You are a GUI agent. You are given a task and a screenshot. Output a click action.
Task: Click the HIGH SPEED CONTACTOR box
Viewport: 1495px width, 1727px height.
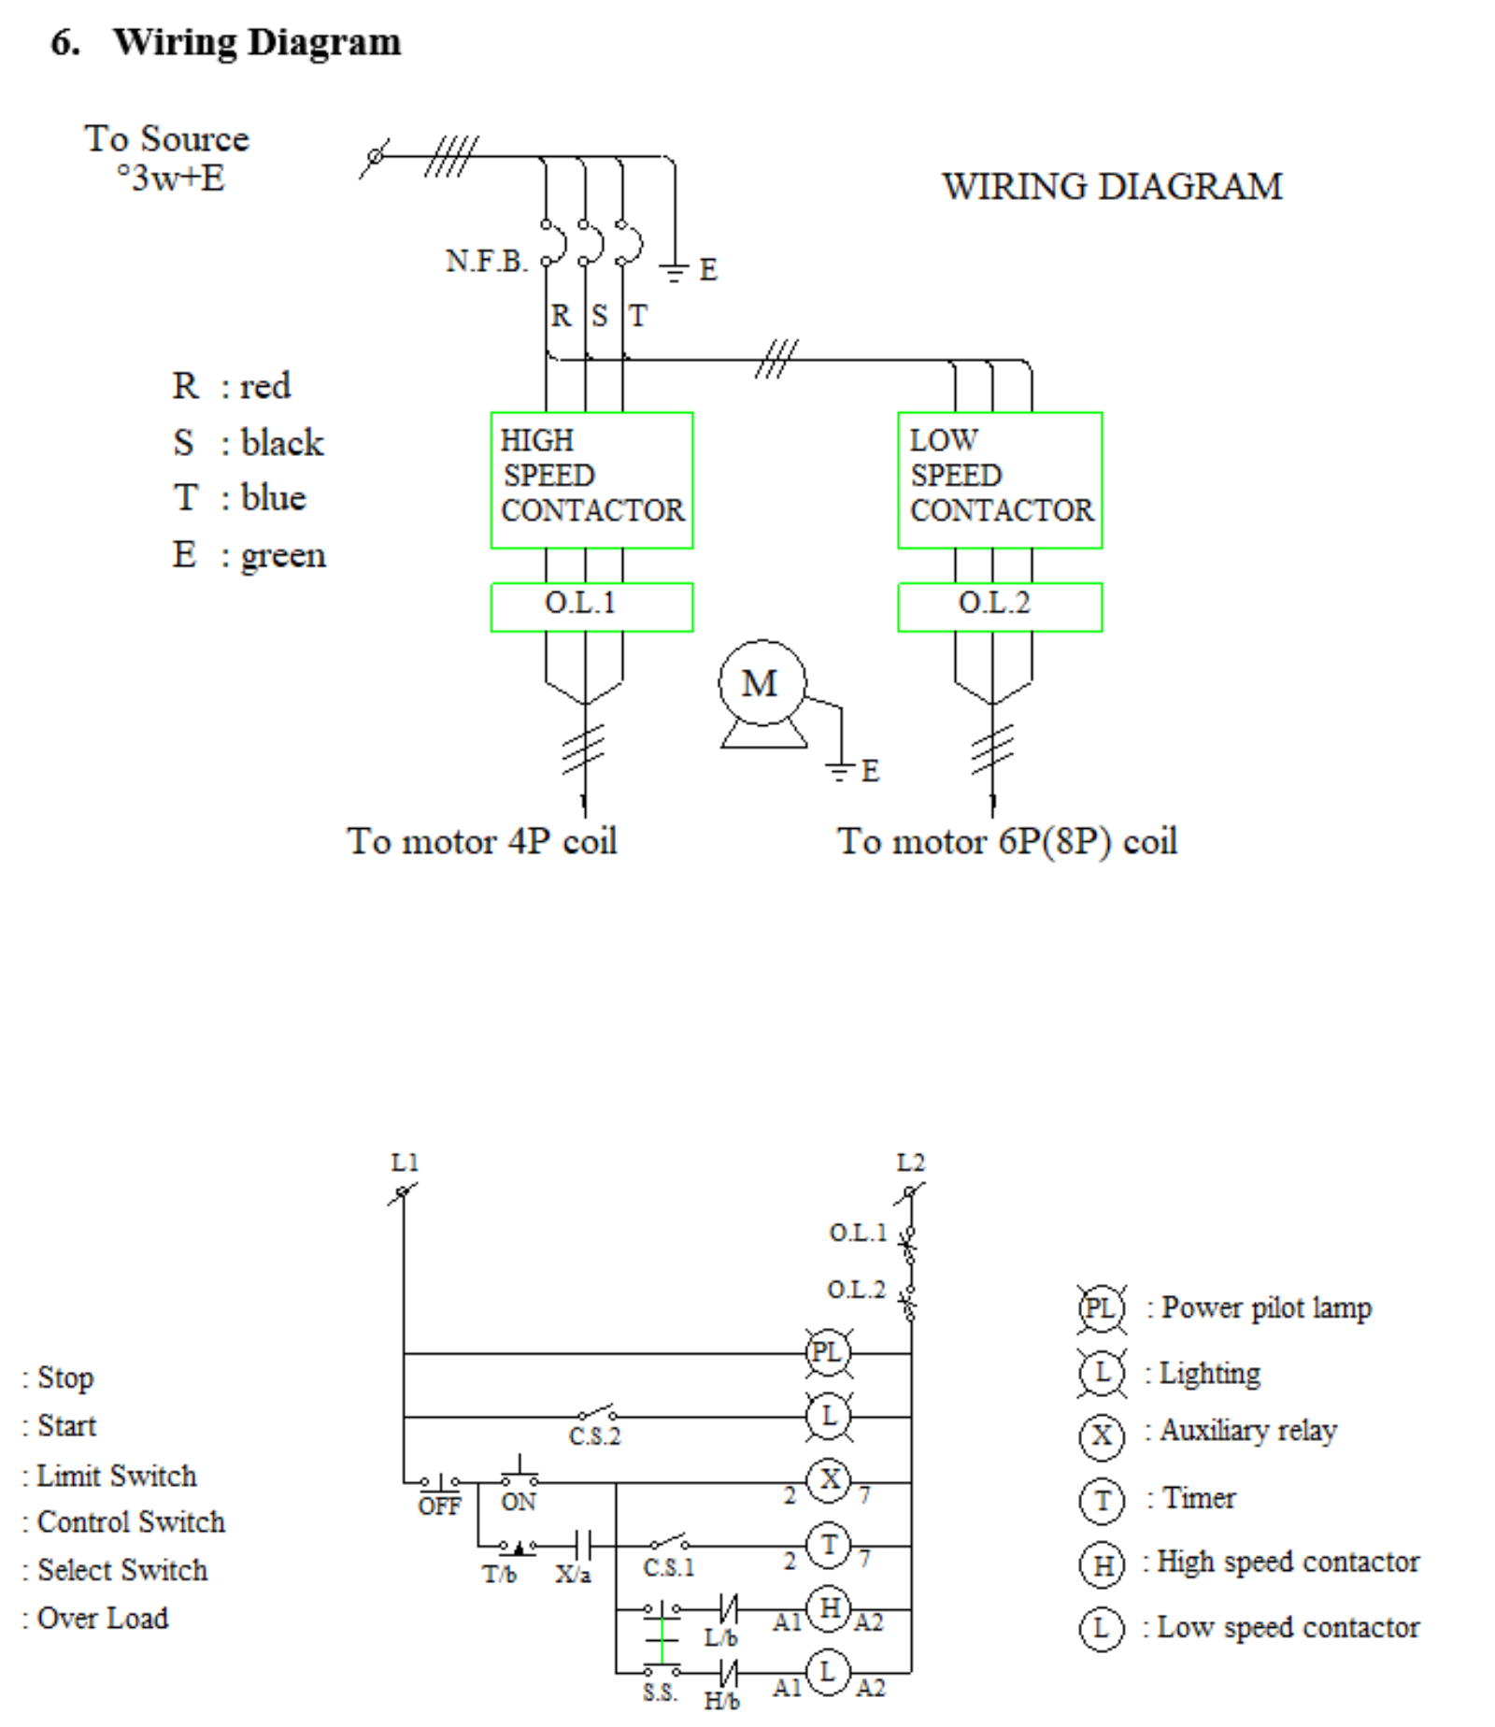click(591, 479)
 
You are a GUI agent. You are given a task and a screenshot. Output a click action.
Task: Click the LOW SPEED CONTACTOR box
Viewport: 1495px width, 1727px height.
click(999, 479)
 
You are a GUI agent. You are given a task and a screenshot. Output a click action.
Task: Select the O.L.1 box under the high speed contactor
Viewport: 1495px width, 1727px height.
click(591, 607)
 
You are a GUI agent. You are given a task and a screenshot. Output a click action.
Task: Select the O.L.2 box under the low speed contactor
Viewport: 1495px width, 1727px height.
click(999, 607)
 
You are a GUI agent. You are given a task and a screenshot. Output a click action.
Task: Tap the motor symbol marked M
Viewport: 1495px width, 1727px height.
click(762, 684)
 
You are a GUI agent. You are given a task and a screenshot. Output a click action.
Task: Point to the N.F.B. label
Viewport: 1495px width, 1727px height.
click(486, 261)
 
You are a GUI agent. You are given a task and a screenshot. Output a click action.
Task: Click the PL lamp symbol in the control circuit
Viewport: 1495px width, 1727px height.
click(827, 1352)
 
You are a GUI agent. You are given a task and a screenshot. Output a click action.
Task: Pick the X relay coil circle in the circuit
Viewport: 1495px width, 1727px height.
click(829, 1480)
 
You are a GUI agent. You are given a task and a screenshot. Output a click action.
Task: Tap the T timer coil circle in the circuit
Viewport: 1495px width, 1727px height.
click(829, 1546)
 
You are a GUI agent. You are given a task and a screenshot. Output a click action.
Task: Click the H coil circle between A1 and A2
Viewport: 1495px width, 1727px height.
click(829, 1609)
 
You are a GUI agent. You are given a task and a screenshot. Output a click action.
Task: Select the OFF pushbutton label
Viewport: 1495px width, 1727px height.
click(439, 1506)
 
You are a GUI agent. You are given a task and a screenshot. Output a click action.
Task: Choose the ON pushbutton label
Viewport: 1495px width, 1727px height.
click(519, 1502)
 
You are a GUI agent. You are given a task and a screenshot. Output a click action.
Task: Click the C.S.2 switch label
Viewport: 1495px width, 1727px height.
click(594, 1436)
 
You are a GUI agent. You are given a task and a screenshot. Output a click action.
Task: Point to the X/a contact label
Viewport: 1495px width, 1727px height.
click(573, 1575)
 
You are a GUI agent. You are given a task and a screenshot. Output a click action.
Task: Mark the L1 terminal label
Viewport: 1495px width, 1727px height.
click(405, 1163)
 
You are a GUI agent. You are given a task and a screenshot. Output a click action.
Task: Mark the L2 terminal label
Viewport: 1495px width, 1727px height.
click(910, 1163)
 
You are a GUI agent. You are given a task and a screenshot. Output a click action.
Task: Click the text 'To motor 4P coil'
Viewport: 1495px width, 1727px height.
click(482, 841)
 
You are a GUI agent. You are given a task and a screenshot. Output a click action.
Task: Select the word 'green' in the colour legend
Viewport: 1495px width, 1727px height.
click(283, 555)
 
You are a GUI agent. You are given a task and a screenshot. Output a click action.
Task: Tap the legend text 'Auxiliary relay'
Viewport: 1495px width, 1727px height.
click(1248, 1431)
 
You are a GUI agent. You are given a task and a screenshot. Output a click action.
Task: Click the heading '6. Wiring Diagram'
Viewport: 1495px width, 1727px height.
click(226, 42)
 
